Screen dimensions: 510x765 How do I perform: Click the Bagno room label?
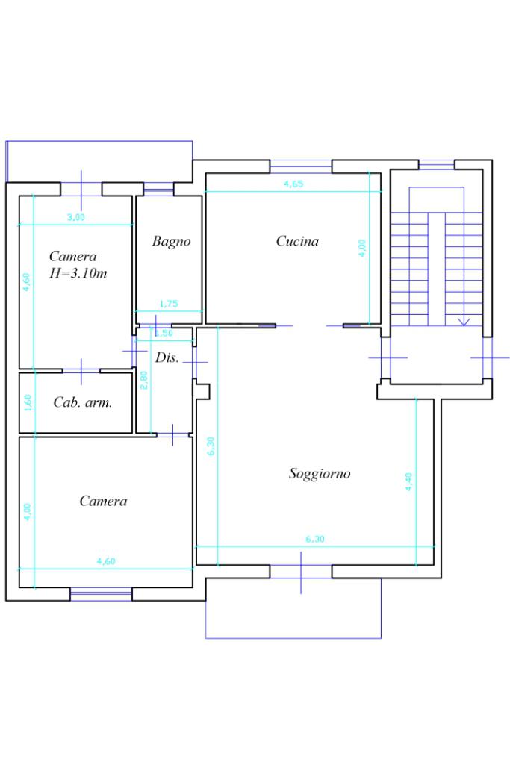171,241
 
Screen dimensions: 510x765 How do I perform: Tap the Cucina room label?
297,241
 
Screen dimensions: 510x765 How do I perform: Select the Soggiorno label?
320,473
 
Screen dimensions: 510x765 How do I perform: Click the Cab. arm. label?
83,402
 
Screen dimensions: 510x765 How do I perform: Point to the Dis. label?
167,357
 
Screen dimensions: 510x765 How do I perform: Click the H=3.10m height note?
78,273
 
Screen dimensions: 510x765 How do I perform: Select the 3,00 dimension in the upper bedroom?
75,217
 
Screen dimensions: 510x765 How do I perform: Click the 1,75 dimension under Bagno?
169,304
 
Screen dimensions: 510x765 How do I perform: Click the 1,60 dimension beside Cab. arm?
27,402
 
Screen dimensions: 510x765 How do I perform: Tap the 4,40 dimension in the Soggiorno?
408,481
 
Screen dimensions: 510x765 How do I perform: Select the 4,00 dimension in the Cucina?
363,249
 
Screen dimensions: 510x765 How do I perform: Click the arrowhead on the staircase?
464,322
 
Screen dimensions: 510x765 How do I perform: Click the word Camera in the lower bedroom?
103,502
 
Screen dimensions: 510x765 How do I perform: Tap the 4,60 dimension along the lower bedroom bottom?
105,561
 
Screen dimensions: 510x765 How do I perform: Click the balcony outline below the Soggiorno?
293,637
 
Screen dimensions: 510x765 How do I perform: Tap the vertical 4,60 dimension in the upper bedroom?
27,282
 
